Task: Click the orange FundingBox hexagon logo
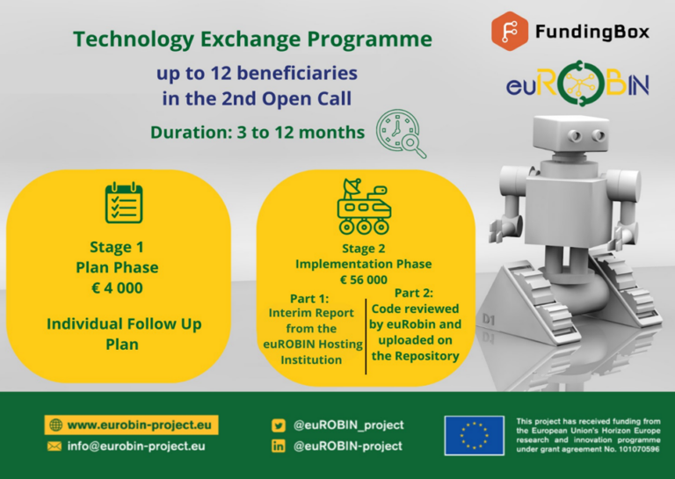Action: click(x=510, y=32)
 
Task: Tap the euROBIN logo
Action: click(x=577, y=83)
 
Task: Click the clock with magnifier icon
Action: click(x=401, y=134)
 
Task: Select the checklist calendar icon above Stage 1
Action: click(x=124, y=203)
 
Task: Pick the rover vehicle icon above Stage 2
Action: click(x=364, y=207)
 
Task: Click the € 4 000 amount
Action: click(x=117, y=288)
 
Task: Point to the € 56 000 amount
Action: click(x=364, y=279)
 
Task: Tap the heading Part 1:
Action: click(x=309, y=298)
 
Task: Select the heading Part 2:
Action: click(x=414, y=293)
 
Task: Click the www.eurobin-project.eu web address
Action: click(x=140, y=425)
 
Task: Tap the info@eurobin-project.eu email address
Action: click(x=136, y=446)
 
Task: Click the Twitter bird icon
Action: click(x=278, y=425)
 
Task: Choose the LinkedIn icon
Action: click(x=278, y=446)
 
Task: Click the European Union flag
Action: click(x=474, y=436)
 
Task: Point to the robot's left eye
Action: click(x=576, y=136)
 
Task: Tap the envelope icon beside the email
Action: click(x=54, y=446)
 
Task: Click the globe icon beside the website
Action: click(x=56, y=425)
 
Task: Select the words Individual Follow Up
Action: click(x=124, y=324)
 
